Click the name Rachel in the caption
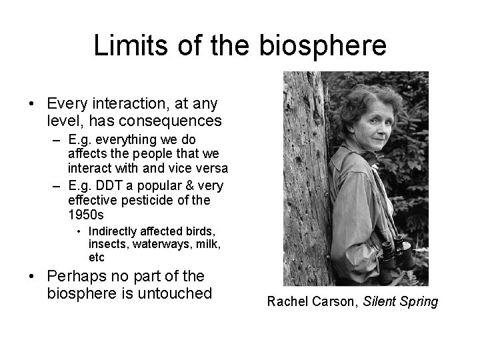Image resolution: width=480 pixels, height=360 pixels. click(x=286, y=302)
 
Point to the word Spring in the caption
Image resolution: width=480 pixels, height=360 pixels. click(x=419, y=302)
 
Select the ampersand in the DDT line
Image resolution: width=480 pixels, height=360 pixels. click(x=185, y=185)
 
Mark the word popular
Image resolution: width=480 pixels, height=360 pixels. click(x=156, y=185)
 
